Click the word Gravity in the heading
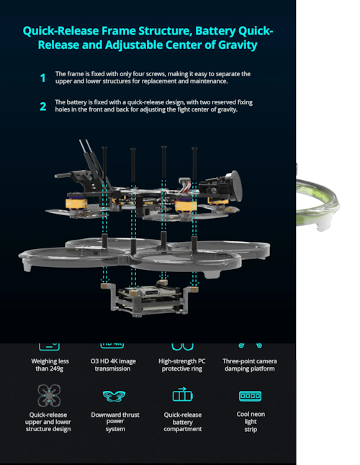pyautogui.click(x=238, y=45)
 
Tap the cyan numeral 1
pyautogui.click(x=43, y=78)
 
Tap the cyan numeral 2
pyautogui.click(x=43, y=106)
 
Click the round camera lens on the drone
pyautogui.click(x=233, y=186)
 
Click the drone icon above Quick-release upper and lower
pyautogui.click(x=49, y=395)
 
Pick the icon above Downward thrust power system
pyautogui.click(x=114, y=396)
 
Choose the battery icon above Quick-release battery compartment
pyautogui.click(x=183, y=394)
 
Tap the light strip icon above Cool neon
pyautogui.click(x=251, y=396)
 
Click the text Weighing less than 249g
pyautogui.click(x=50, y=365)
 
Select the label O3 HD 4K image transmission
pyautogui.click(x=113, y=365)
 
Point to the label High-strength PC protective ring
pyautogui.click(x=182, y=365)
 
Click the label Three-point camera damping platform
pyautogui.click(x=250, y=365)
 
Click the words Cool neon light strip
pyautogui.click(x=251, y=421)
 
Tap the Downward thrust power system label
pyautogui.click(x=115, y=421)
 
